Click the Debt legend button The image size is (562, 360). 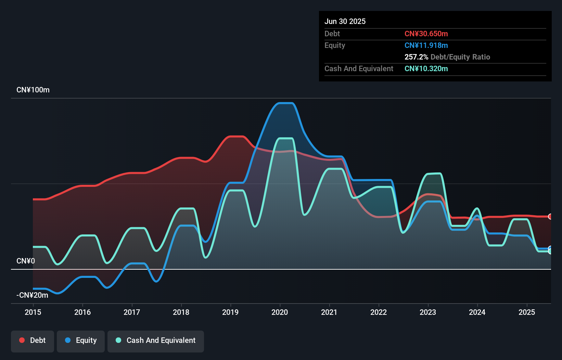click(33, 340)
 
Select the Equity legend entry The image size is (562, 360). click(81, 340)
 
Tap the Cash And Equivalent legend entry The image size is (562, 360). click(156, 340)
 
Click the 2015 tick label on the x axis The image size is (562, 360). click(33, 312)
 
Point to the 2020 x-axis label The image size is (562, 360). click(280, 312)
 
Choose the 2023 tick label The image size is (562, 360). click(428, 312)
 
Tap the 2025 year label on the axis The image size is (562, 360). click(527, 312)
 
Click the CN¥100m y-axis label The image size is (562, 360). click(33, 90)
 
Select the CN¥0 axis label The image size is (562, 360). click(26, 261)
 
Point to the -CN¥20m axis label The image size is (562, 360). click(32, 295)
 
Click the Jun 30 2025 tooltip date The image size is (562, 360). click(345, 22)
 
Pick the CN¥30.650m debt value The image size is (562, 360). click(426, 34)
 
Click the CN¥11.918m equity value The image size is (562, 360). click(426, 46)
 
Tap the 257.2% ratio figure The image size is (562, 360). click(416, 57)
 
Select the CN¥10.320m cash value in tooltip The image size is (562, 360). click(426, 69)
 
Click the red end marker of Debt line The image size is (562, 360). click(550, 216)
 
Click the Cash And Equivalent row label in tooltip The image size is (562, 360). click(359, 69)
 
